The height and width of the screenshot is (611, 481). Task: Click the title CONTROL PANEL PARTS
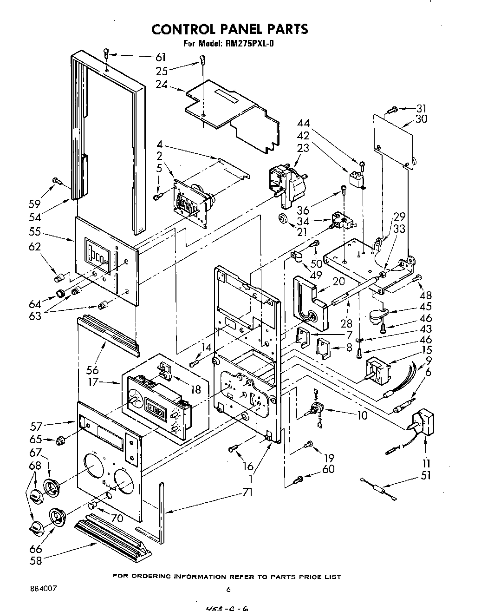229,29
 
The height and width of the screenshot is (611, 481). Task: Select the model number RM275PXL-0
251,45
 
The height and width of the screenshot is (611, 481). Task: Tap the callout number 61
160,57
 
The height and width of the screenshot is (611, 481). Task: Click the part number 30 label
421,118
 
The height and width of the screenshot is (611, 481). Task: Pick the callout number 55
34,231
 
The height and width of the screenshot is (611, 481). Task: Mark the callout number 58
35,560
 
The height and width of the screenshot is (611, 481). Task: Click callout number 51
426,475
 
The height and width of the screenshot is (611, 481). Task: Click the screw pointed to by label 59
57,181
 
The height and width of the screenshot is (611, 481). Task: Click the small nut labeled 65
60,440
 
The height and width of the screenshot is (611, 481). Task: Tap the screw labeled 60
300,478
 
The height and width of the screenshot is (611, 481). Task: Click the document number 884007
42,588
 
